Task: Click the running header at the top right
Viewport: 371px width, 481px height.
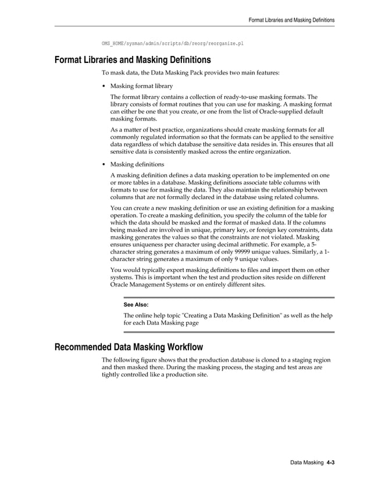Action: coord(291,20)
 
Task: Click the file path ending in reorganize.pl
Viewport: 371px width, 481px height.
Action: coord(172,44)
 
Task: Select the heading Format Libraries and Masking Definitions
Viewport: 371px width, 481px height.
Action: coord(132,60)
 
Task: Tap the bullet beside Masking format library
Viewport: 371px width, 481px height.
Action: coord(104,86)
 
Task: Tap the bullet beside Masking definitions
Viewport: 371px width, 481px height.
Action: coord(104,165)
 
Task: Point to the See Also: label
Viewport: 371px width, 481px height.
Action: coord(136,305)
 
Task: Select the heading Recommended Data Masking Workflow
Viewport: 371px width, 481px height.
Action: coord(129,348)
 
